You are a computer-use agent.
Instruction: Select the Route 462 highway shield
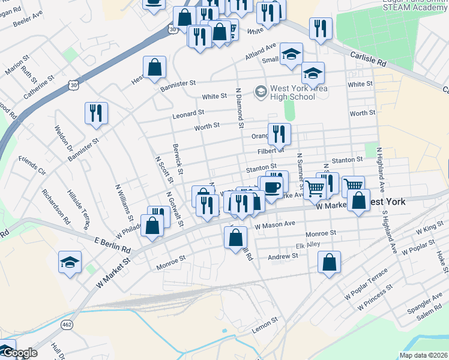(65, 324)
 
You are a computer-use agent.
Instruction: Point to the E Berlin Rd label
(112, 244)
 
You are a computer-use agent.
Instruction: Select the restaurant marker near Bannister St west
(96, 113)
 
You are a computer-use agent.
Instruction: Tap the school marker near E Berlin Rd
(70, 262)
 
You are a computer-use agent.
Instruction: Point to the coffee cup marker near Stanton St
(271, 187)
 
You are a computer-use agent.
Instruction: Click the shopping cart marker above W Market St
(315, 188)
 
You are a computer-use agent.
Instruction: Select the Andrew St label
(283, 257)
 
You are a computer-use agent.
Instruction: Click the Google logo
(19, 353)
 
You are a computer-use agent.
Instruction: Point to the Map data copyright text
(423, 355)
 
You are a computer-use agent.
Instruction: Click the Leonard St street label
(188, 113)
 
